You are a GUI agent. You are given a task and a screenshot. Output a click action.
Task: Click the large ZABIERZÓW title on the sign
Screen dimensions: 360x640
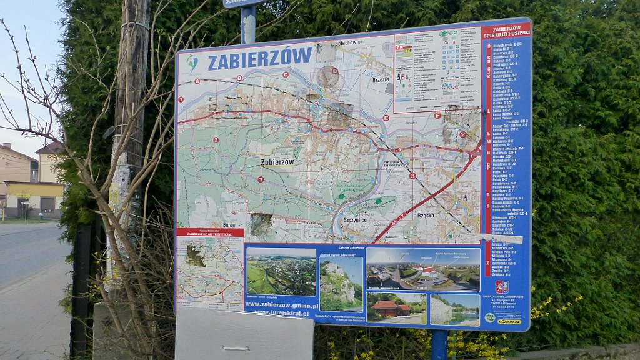(x=259, y=59)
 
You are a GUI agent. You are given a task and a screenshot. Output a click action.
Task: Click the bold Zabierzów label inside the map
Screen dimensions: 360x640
(x=277, y=162)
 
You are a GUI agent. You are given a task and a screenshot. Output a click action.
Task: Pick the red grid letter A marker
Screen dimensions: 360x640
(x=197, y=81)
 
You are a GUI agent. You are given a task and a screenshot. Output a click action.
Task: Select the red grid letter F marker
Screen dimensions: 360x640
(x=437, y=116)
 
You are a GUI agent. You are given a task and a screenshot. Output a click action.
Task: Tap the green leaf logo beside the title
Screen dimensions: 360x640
(x=192, y=62)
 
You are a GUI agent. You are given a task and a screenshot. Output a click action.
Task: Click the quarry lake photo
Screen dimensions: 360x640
(x=455, y=309)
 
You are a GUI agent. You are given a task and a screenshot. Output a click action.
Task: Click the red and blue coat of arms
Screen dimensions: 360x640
(x=501, y=287)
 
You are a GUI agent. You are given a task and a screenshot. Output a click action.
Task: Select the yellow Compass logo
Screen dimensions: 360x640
(x=509, y=321)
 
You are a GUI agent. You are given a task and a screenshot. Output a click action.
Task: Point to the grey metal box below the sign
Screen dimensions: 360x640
(x=244, y=335)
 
